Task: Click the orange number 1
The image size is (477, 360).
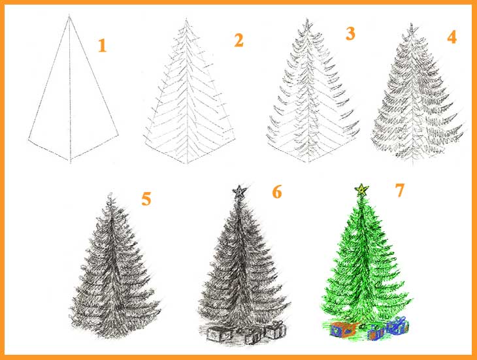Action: [102, 46]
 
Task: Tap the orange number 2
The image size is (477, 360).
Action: [238, 40]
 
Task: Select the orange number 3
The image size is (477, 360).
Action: [351, 33]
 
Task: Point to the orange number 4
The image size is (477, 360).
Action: [452, 37]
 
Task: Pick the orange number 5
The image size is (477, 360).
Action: [146, 199]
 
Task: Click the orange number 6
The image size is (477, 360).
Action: [277, 192]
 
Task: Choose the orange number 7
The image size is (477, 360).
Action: [400, 190]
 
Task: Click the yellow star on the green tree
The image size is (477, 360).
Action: [362, 189]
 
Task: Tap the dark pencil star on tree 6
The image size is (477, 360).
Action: [240, 191]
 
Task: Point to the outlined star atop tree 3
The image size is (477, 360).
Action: [307, 25]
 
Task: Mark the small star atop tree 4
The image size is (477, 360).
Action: [412, 29]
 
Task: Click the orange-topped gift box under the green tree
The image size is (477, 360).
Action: [344, 329]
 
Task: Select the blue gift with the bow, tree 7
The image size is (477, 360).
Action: [397, 325]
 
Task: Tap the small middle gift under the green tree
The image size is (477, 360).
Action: [375, 333]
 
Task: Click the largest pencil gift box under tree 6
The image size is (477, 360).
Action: [220, 334]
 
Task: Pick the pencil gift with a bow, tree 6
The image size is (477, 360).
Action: [276, 330]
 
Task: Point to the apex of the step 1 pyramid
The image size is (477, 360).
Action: [69, 17]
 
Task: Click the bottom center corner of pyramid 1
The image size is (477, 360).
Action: [71, 160]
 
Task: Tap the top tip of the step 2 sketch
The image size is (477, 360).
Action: [186, 20]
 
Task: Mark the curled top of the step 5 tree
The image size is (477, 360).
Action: [110, 197]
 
